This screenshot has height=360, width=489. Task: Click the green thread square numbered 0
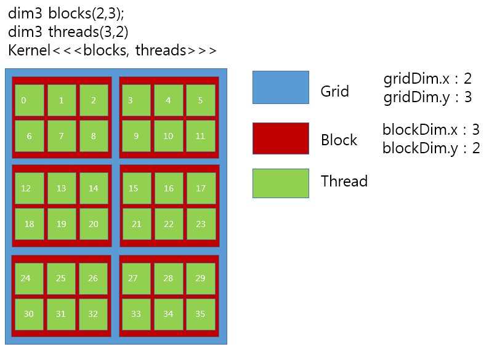[29, 100]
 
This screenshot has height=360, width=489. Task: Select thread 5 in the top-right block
[200, 100]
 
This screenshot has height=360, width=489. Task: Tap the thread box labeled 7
[61, 136]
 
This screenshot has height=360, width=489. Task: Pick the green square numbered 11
[200, 136]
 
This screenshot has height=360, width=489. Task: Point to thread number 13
[61, 188]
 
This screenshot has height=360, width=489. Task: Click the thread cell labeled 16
[168, 188]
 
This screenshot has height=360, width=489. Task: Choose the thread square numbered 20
[93, 224]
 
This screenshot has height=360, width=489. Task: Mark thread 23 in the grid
[200, 224]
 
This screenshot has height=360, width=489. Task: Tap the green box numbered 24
[29, 278]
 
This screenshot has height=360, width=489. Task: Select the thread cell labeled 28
[168, 278]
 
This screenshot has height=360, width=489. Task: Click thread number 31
[61, 314]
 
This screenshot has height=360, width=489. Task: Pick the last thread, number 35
[200, 314]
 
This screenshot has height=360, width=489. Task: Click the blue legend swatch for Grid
[280, 87]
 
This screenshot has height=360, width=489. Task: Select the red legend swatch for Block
[280, 138]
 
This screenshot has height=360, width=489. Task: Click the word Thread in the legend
[344, 181]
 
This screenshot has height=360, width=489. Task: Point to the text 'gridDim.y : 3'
[427, 97]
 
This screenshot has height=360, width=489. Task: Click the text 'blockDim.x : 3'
[430, 130]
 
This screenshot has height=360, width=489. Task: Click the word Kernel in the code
[28, 50]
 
